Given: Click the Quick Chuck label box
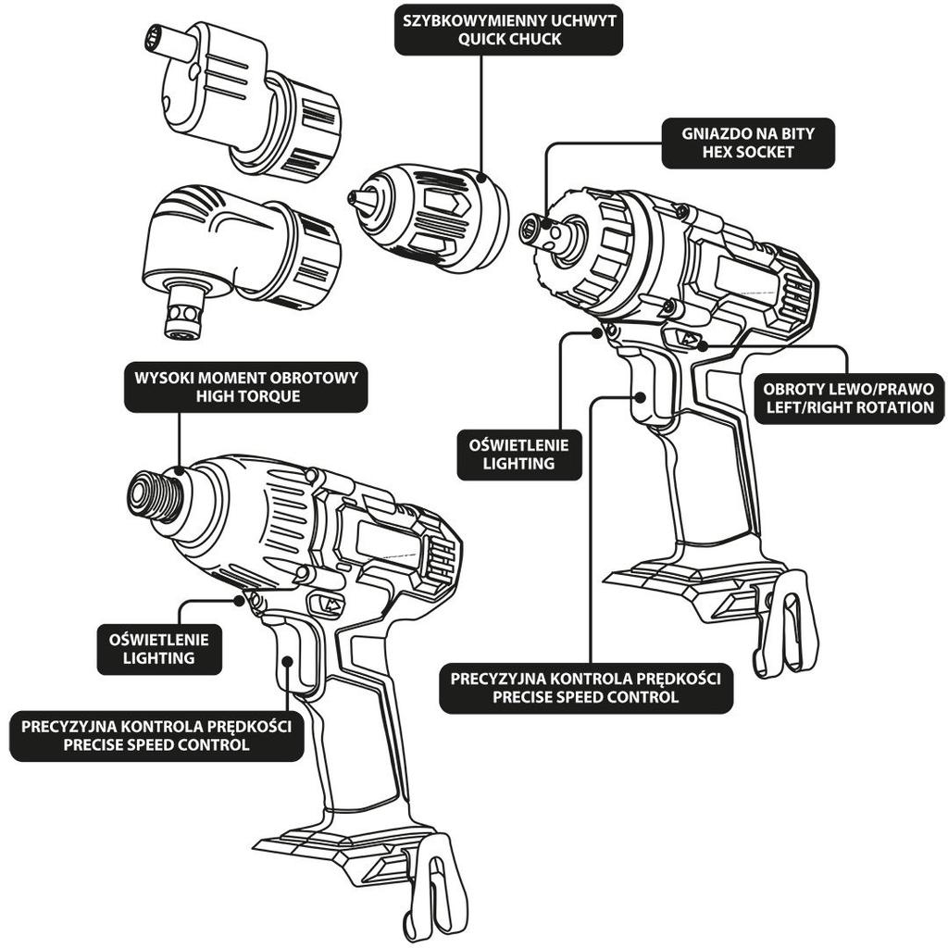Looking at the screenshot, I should [x=508, y=31].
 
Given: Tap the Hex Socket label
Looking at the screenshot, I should [x=748, y=143].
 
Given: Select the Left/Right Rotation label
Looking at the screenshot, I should [x=848, y=397].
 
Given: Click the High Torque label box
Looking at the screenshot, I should [x=245, y=387].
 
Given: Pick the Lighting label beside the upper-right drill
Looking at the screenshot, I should [x=518, y=454].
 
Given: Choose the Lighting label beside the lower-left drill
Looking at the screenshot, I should [x=159, y=648].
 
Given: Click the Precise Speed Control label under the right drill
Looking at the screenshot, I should [x=585, y=688].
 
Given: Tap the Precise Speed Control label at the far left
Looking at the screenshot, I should [x=156, y=735].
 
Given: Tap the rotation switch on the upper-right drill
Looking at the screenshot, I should [x=686, y=339].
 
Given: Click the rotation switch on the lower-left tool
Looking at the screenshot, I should [x=330, y=604].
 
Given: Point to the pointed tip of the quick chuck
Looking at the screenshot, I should [x=353, y=198].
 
